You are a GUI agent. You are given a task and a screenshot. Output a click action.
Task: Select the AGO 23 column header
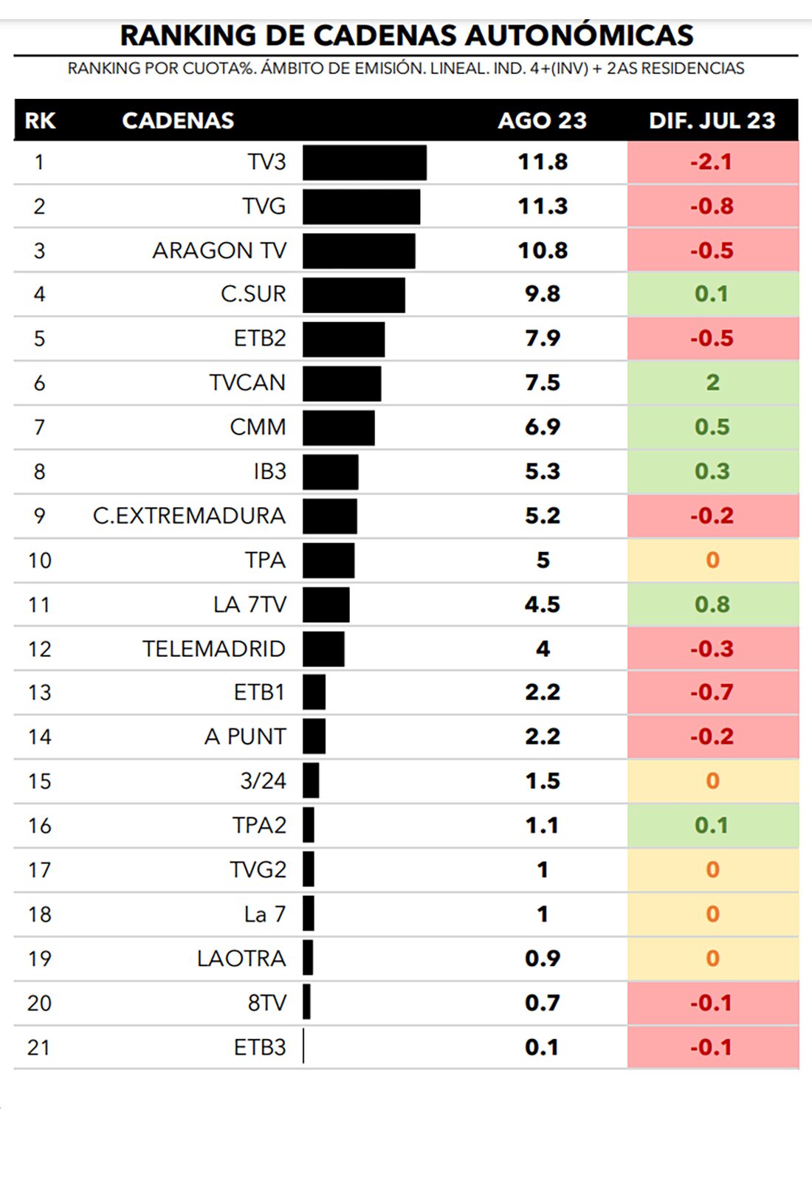pyautogui.click(x=542, y=120)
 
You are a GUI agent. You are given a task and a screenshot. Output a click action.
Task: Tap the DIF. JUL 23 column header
pyautogui.click(x=712, y=120)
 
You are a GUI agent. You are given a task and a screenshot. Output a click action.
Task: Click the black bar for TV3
pyautogui.click(x=364, y=162)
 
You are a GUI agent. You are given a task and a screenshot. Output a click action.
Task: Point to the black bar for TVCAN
pyautogui.click(x=342, y=383)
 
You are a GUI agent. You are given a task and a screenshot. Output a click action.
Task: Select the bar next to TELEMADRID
pyautogui.click(x=323, y=649)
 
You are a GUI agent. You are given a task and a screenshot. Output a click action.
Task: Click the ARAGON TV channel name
pyautogui.click(x=219, y=250)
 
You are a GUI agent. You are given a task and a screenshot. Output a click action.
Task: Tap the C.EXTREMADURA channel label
pyautogui.click(x=189, y=515)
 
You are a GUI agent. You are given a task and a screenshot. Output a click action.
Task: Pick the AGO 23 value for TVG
pyautogui.click(x=543, y=206)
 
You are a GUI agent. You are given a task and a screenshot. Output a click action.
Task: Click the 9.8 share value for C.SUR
pyautogui.click(x=543, y=294)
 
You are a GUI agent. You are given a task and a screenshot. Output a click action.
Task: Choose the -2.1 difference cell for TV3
pyautogui.click(x=712, y=162)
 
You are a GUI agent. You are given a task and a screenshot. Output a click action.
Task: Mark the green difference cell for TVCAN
pyautogui.click(x=712, y=382)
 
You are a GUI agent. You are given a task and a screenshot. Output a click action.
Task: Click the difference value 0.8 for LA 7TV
pyautogui.click(x=712, y=604)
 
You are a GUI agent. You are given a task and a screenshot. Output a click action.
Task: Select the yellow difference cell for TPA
pyautogui.click(x=712, y=559)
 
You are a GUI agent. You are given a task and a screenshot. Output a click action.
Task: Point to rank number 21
pyautogui.click(x=38, y=1047)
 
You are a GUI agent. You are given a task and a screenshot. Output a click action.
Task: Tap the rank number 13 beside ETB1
pyautogui.click(x=39, y=692)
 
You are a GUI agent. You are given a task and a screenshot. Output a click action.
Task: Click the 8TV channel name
pyautogui.click(x=266, y=1003)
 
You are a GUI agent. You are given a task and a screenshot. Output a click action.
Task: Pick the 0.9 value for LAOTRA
pyautogui.click(x=543, y=958)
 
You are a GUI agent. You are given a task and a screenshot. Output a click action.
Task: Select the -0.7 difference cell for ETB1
pyautogui.click(x=712, y=692)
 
